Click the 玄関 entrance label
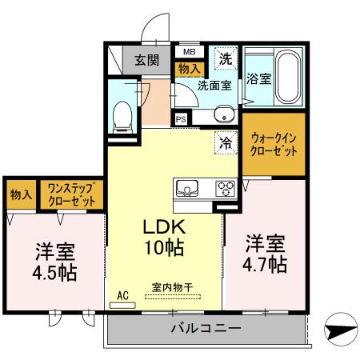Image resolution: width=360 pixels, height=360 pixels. pos(146,59)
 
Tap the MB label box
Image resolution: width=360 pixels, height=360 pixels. pos(190,53)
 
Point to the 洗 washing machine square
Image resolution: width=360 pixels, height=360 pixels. pos(226,58)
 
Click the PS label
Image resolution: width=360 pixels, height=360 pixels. pos(182,119)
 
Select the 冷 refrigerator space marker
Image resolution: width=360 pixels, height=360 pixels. pos(226,144)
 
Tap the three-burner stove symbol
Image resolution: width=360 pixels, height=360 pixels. pos(225,189)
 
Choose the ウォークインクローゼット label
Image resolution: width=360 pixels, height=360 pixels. pos(274,145)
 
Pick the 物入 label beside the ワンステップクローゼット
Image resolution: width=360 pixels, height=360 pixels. pos(22,195)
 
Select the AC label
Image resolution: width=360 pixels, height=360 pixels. pos(122,294)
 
